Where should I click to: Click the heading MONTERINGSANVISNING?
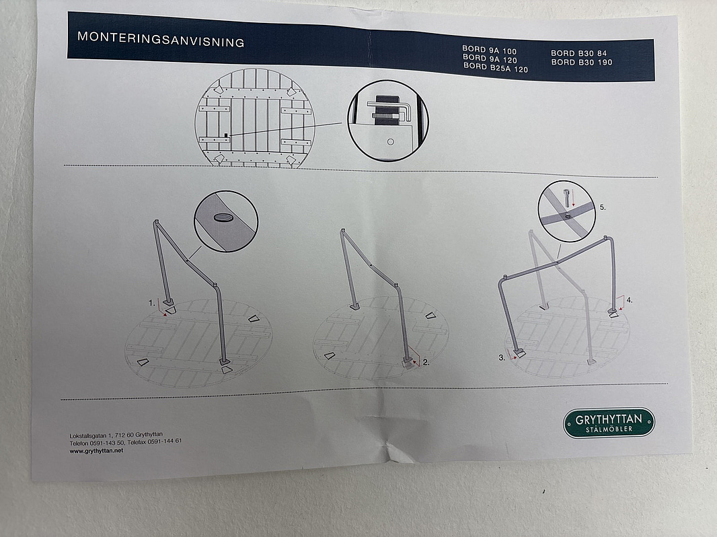point(161,39)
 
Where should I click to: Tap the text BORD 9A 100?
point(489,50)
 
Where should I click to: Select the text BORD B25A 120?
point(496,68)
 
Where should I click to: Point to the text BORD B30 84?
point(579,54)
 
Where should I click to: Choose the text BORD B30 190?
point(582,62)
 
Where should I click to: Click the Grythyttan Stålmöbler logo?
point(609,423)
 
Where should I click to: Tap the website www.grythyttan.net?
point(96,451)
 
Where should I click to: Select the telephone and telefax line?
point(126,442)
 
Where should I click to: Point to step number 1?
point(152,303)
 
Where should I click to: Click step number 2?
point(426,362)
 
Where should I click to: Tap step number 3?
point(502,358)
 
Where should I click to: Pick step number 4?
point(629,300)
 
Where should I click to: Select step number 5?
point(603,207)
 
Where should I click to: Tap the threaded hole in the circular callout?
point(222,217)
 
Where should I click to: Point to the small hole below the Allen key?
point(391,142)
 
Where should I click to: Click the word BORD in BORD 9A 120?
point(474,57)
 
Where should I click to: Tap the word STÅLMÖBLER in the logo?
point(609,429)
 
